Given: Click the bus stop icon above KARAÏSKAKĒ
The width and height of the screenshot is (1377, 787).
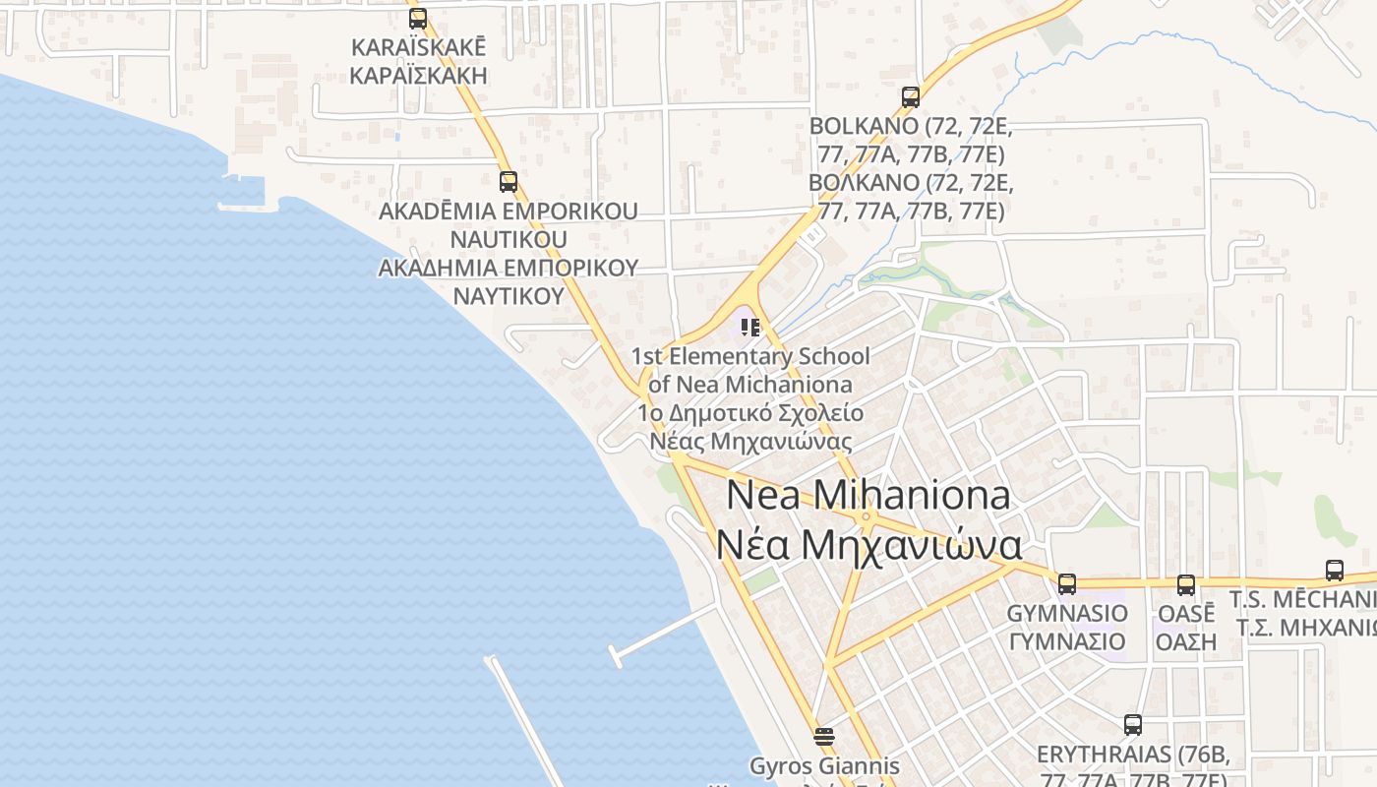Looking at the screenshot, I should click(418, 18).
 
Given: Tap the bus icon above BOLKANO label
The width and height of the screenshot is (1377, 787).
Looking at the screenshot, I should click(911, 97).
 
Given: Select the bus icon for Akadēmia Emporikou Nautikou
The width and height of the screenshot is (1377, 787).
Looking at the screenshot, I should click(509, 181).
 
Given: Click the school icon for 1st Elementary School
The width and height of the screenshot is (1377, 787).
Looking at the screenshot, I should click(750, 327).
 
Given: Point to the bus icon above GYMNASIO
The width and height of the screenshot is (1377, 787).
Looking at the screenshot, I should click(1067, 584).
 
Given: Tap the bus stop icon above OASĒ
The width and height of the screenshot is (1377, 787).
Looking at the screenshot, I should click(1186, 585).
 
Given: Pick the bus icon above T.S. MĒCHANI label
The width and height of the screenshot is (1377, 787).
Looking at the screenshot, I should click(1335, 570).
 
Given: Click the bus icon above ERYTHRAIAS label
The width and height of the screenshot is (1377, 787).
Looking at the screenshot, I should click(1133, 725).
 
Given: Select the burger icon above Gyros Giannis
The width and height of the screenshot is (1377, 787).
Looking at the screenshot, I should click(824, 736).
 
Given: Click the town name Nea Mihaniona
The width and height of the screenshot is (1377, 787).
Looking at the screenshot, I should click(868, 496).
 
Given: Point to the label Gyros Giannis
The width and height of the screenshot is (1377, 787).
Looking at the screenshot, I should click(824, 765).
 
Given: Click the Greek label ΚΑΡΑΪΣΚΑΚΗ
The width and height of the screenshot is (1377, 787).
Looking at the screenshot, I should click(419, 76).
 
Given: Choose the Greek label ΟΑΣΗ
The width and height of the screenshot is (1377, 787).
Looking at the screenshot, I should click(1186, 641).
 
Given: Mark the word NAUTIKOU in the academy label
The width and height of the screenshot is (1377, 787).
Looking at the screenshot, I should click(509, 239).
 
